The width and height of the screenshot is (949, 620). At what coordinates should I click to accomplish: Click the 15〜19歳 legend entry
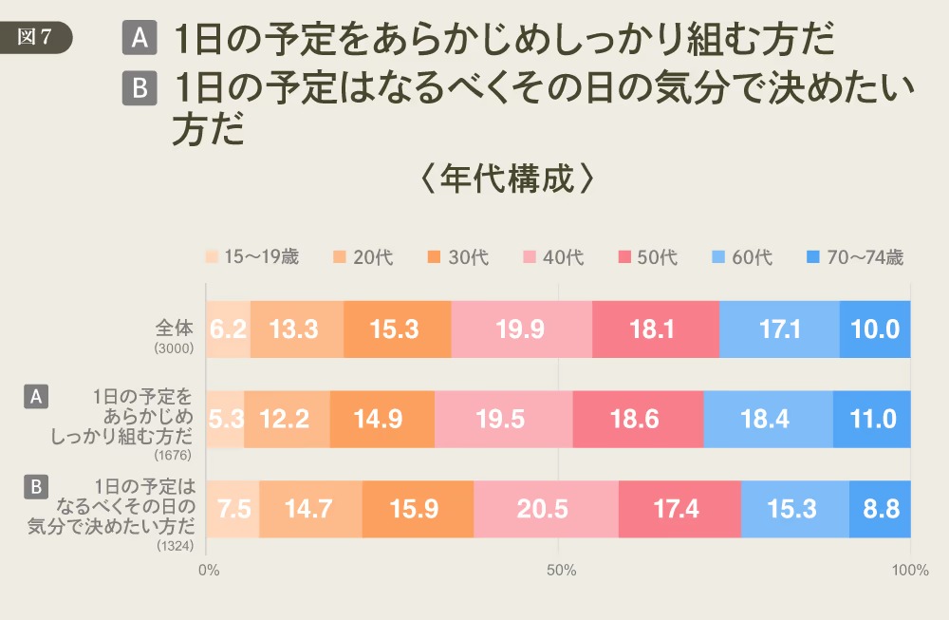(x=252, y=257)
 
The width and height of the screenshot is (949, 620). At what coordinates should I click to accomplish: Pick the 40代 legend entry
(x=554, y=257)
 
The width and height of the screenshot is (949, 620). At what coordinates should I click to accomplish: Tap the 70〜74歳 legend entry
(x=855, y=257)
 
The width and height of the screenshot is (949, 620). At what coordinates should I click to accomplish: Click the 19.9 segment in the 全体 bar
(x=521, y=329)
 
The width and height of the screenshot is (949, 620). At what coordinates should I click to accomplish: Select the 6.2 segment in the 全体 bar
(x=228, y=329)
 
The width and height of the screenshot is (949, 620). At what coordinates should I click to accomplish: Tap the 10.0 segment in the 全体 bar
(x=875, y=329)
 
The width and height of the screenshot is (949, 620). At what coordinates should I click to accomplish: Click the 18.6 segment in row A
(x=638, y=419)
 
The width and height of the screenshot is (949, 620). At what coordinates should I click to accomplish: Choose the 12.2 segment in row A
(x=287, y=419)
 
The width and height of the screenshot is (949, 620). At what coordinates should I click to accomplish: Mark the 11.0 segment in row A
(x=871, y=419)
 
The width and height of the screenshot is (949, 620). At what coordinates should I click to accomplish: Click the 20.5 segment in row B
(x=546, y=509)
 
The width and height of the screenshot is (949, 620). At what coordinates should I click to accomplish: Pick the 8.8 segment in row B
(x=880, y=509)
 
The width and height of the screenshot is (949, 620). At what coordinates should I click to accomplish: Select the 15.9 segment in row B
(x=418, y=509)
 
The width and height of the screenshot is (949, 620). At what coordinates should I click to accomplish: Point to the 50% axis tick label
(x=561, y=571)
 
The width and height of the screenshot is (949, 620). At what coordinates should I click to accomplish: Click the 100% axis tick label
(x=910, y=571)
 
